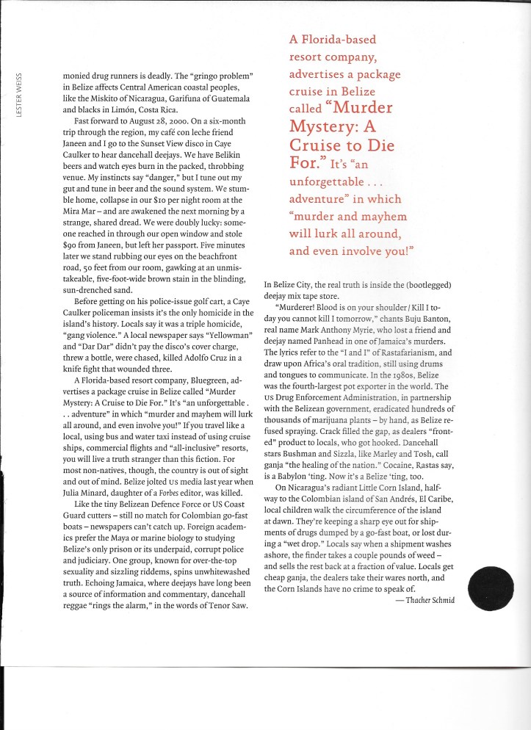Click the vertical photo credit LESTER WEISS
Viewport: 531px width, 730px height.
[x=21, y=94]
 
